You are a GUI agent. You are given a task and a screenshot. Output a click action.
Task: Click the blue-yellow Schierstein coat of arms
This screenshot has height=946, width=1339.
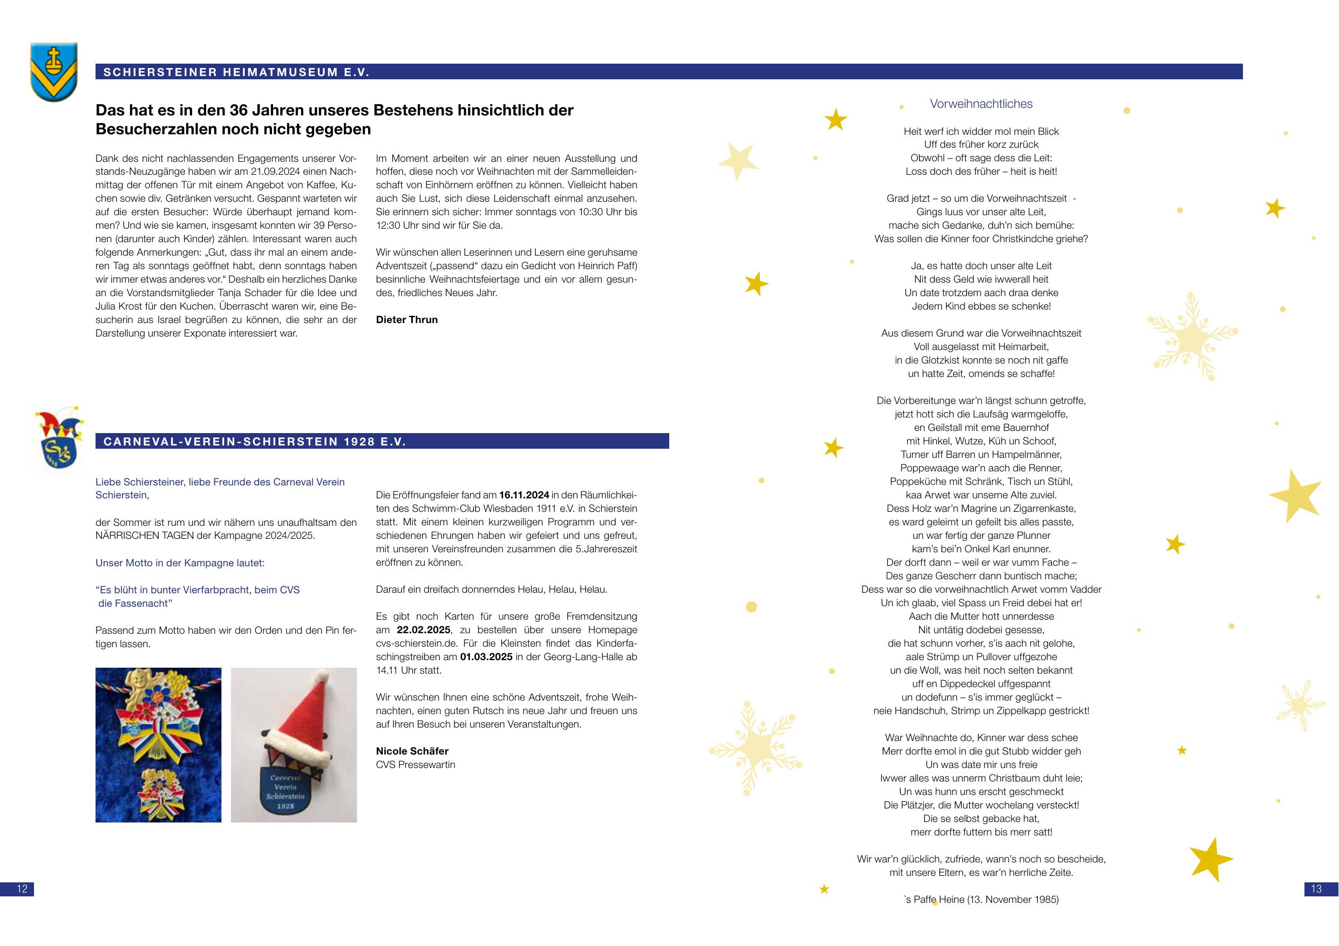click(53, 72)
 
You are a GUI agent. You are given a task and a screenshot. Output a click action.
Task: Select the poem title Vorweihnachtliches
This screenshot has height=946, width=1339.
click(981, 104)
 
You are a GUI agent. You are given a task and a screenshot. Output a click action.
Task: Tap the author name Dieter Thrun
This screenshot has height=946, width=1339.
click(406, 319)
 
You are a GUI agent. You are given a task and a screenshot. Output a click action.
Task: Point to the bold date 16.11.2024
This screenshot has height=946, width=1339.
click(523, 495)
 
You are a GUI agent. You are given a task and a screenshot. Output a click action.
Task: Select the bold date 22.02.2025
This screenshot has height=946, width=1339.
click(423, 629)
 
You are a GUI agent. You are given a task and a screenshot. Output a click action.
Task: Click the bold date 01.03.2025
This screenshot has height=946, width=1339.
click(486, 657)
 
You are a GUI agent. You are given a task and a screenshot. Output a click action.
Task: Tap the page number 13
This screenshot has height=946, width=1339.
click(1316, 889)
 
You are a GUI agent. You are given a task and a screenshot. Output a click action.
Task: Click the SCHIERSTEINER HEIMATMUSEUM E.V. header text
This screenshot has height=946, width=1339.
click(236, 72)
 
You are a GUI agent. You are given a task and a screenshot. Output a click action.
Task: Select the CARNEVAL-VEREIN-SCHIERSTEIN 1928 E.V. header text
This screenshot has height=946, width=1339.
click(254, 441)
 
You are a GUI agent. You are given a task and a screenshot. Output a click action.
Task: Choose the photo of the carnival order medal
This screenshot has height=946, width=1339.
click(158, 744)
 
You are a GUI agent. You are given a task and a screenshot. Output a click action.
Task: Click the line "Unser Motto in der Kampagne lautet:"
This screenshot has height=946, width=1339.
click(180, 563)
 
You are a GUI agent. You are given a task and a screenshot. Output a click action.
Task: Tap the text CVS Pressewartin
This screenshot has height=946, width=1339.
click(415, 764)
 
